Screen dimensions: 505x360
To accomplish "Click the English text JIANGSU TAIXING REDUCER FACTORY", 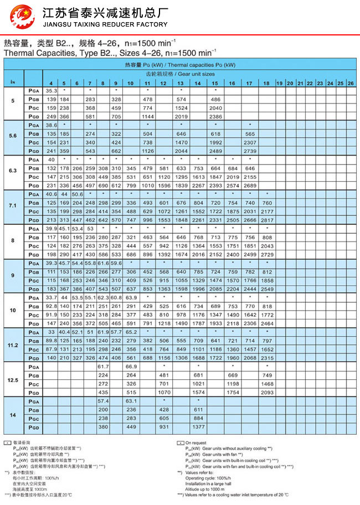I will pos(105,24).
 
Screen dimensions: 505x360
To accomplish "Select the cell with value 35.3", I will pos(51,90).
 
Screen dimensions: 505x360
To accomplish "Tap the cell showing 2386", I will pos(216,117).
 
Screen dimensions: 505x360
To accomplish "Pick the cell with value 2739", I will pos(250,151).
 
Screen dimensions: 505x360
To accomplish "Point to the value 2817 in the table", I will pos(267,220).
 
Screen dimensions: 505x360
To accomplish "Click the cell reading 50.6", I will pos(77,194).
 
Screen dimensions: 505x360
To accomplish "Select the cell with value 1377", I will pos(198,427).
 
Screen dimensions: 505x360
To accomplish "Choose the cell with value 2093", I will pos(267,393).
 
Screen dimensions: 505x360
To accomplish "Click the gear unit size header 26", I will pos(350,83).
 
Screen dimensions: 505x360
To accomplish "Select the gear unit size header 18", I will pos(267,83).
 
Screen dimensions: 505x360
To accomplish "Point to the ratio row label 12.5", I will pos(13,380).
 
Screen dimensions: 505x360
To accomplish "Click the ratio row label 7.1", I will pos(13,207).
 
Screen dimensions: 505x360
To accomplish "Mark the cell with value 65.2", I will pos(131,332).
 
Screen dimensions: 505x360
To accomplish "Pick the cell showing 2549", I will pos(267,289).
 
